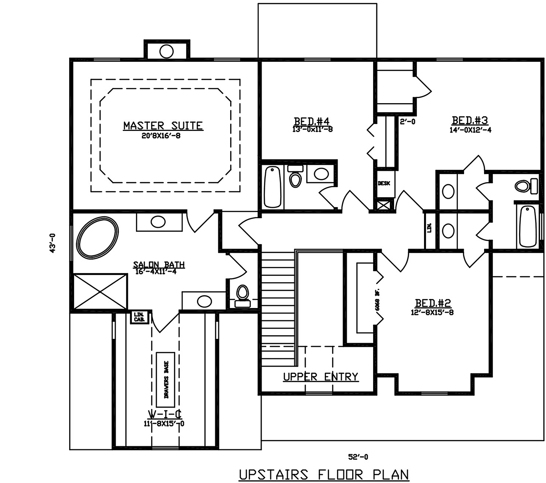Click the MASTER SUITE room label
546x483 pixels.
(x=163, y=125)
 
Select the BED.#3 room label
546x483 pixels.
(x=470, y=120)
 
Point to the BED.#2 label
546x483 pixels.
(x=432, y=303)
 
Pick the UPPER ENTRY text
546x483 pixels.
(x=320, y=377)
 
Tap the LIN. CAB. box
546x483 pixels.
(x=138, y=316)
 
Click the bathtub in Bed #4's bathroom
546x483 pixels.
(x=273, y=186)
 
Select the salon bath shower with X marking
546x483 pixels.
(x=100, y=291)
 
